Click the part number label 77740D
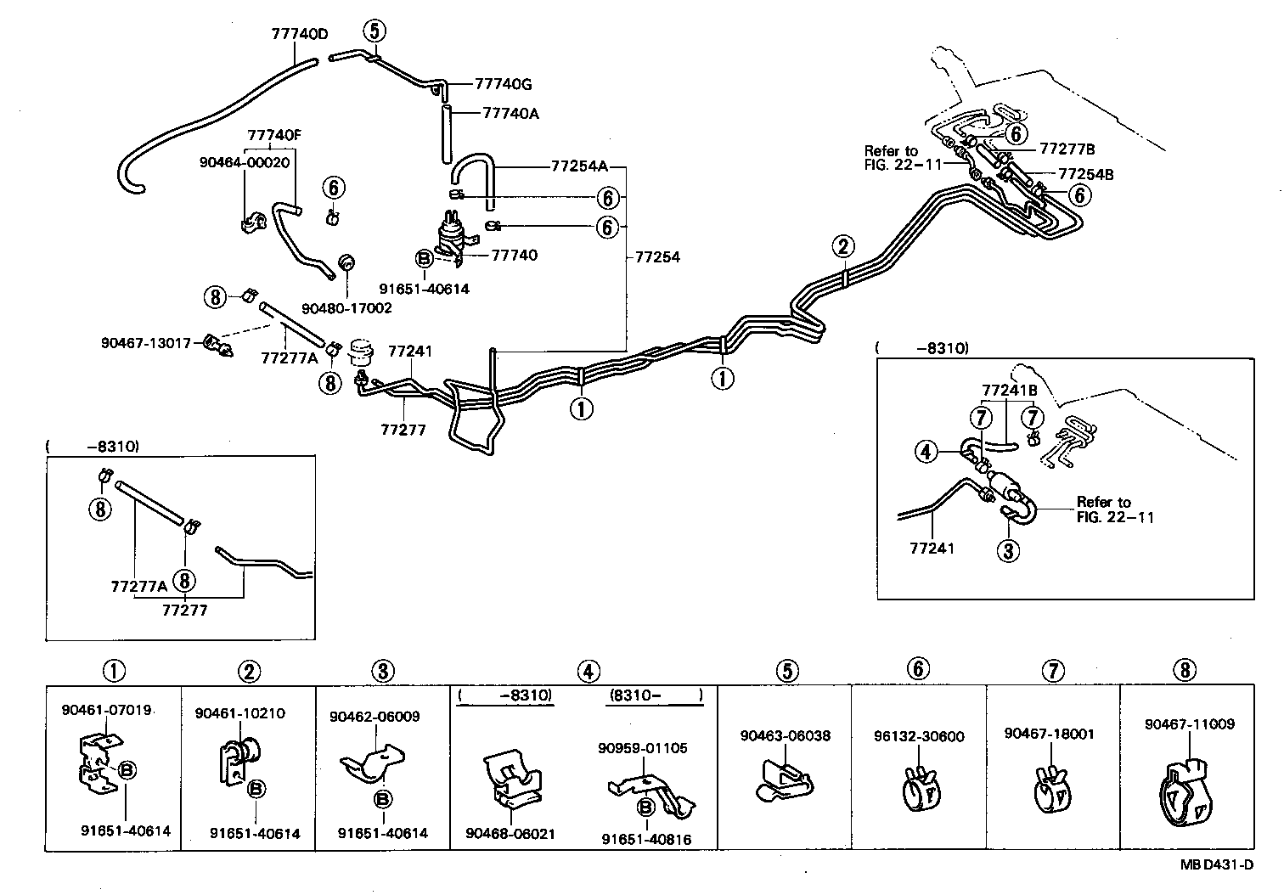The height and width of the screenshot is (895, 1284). [299, 35]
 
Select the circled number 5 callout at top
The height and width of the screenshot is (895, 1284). [374, 31]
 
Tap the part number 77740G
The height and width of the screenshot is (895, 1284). [503, 84]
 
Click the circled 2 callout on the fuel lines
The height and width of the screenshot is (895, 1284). [842, 246]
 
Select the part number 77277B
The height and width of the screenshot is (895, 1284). [1067, 148]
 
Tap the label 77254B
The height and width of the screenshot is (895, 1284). [1085, 174]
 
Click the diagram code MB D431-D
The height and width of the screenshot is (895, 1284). [1216, 865]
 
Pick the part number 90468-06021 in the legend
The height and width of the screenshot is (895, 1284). [510, 834]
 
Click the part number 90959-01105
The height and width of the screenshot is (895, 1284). [642, 748]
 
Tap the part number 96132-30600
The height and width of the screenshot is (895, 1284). [919, 736]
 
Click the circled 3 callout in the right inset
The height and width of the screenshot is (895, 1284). [1007, 551]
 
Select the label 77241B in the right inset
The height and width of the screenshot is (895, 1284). [1010, 391]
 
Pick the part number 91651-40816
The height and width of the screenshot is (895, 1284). [646, 839]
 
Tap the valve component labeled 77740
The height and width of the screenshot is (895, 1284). [451, 233]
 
